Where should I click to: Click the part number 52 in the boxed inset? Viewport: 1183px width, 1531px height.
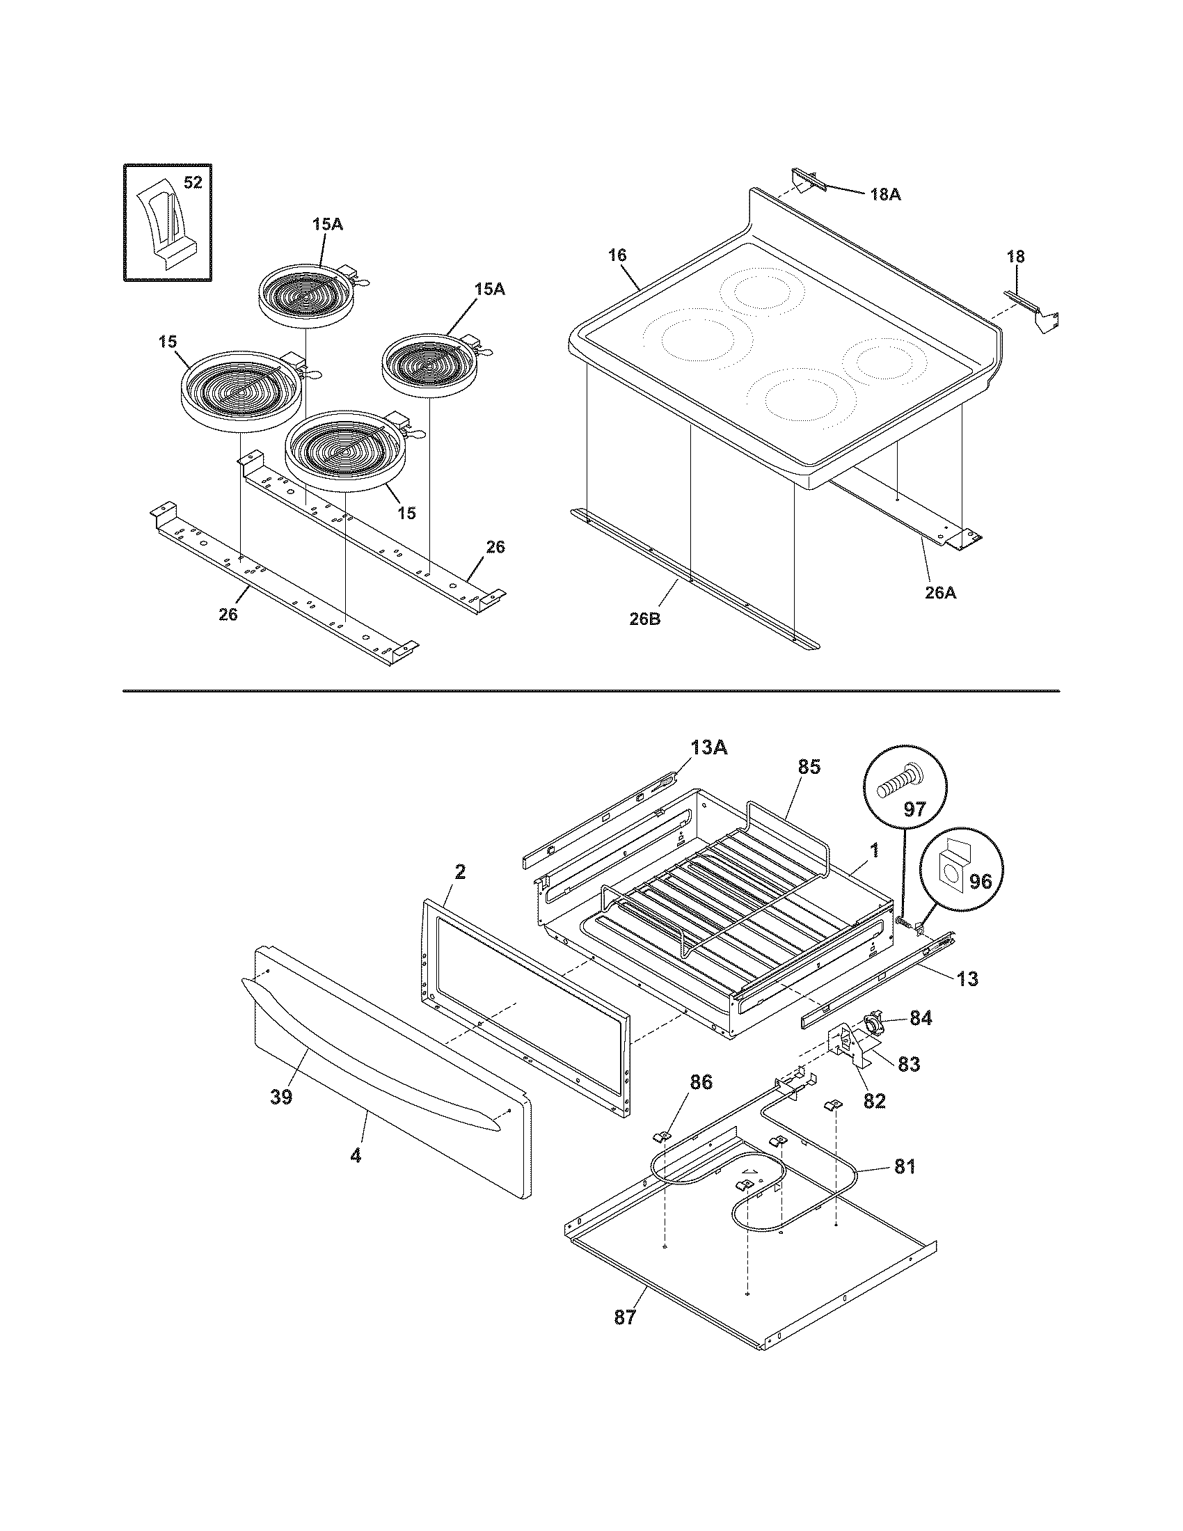point(192,182)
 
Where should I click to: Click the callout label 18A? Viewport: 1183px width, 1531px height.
point(885,194)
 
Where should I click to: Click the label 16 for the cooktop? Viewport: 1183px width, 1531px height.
point(617,255)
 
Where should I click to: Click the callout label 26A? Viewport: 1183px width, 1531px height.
point(941,592)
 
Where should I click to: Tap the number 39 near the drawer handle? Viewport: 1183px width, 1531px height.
point(281,1097)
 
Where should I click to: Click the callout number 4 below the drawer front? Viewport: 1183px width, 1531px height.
point(356,1155)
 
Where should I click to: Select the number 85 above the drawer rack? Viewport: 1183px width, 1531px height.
point(809,767)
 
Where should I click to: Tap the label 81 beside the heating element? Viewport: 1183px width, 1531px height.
point(904,1167)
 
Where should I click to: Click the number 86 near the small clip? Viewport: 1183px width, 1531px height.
point(701,1082)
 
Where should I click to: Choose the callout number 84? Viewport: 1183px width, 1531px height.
point(920,1018)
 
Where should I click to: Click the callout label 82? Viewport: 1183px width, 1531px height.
point(874,1102)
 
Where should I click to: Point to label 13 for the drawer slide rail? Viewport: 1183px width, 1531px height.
point(967,978)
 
